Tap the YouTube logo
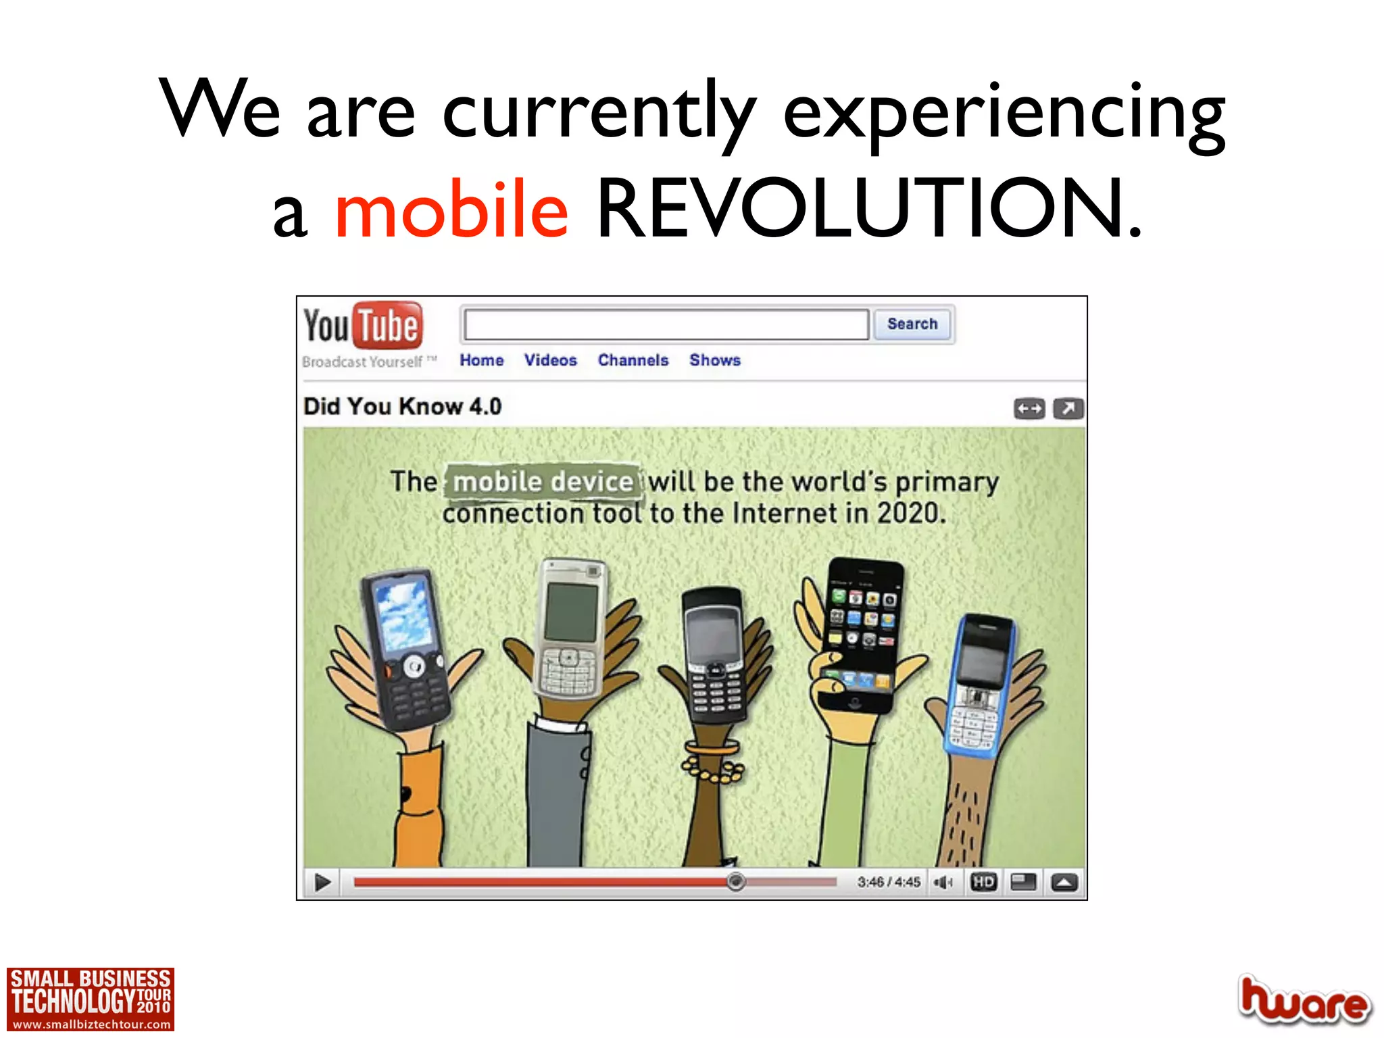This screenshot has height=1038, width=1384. pos(364,326)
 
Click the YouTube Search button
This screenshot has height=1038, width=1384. pos(912,324)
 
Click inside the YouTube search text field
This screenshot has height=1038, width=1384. pos(666,325)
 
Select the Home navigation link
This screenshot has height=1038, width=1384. pos(482,360)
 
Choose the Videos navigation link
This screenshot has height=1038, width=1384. pos(551,360)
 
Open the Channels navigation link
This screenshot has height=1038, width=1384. pos(633,360)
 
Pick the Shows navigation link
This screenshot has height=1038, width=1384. pos(715,360)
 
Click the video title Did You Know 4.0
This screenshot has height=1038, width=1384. pos(403,407)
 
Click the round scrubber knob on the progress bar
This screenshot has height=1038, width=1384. pos(736,881)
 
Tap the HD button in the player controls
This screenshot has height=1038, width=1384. pos(983,882)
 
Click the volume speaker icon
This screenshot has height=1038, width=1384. pos(943,882)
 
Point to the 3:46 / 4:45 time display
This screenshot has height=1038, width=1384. pos(889,882)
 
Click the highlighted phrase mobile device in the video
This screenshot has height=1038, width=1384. pos(543,482)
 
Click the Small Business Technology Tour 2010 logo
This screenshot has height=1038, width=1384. pos(91,999)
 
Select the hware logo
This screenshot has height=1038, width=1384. pos(1304,1000)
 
